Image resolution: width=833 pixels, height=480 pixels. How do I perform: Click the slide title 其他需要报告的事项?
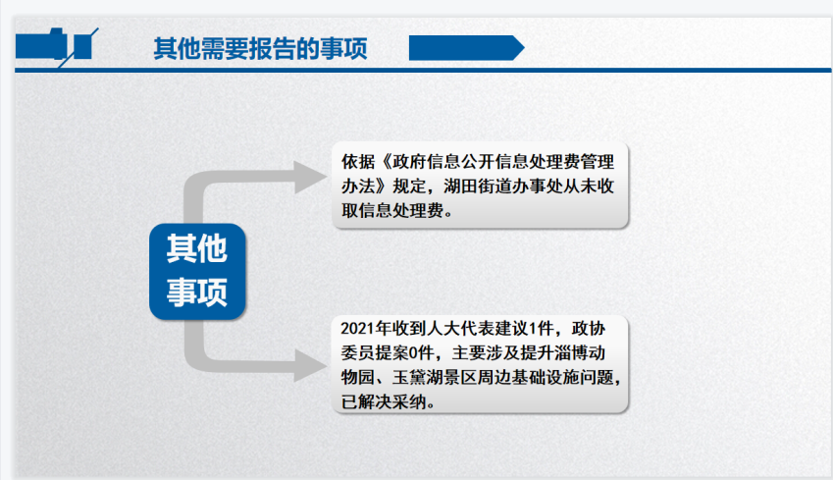pos(260,49)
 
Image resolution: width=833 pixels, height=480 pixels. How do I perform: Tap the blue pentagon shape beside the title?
pos(466,48)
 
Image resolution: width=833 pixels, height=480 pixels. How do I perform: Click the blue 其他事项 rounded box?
pos(197,272)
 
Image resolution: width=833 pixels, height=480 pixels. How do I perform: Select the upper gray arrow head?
pos(311,177)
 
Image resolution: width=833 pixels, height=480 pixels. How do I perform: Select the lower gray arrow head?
pos(311,365)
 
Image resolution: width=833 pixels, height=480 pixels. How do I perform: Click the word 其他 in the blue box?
pos(197,248)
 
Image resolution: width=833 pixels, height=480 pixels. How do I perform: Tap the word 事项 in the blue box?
pos(197,292)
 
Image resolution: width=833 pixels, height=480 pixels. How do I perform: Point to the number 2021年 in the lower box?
pos(366,329)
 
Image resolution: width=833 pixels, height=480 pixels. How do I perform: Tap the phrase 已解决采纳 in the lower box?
pos(384,401)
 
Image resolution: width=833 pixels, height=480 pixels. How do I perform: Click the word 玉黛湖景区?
pos(435,377)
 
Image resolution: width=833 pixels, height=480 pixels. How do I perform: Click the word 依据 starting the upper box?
pos(358,162)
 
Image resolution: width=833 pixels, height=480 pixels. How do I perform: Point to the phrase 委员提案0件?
pos(388,353)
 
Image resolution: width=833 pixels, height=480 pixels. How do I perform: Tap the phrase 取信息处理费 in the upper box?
pos(392,210)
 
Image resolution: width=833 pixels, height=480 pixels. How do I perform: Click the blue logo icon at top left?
pos(57,47)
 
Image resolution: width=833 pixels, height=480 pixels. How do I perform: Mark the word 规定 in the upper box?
pos(409,187)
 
